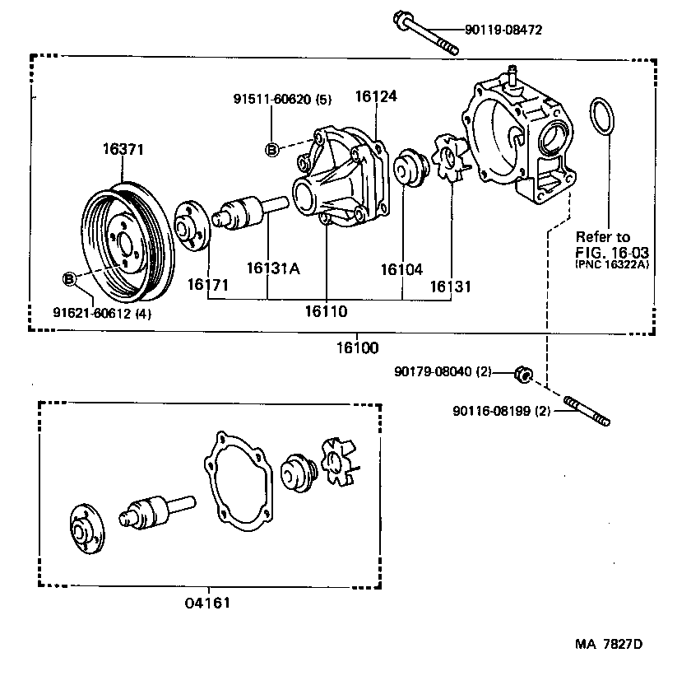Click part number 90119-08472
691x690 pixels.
coord(503,31)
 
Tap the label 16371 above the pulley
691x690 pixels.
coord(123,150)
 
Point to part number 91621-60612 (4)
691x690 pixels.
coord(102,313)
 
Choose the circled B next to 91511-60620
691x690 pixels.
coord(271,149)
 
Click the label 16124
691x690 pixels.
coord(376,96)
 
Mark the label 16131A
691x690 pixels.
coord(271,268)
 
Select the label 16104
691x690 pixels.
coord(401,268)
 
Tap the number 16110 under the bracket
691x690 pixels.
coord(327,311)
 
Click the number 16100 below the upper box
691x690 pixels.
coord(356,348)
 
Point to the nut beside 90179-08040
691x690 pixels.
coord(521,374)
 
